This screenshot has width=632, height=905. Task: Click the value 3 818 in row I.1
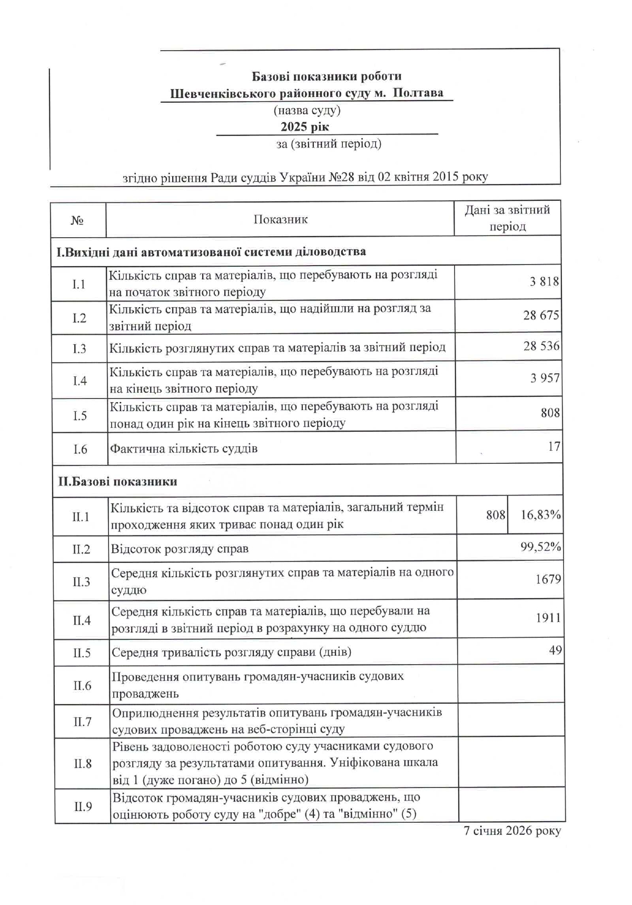(544, 281)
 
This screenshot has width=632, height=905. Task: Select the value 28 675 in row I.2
(541, 315)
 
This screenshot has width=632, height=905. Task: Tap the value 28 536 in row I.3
(541, 346)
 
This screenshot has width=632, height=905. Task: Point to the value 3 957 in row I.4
(545, 378)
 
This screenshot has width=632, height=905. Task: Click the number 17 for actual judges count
(554, 446)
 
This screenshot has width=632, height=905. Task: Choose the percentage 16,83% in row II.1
(540, 514)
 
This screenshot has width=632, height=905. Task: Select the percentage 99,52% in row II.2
(540, 547)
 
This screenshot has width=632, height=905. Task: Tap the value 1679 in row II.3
(548, 579)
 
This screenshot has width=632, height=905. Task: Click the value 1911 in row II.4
(548, 617)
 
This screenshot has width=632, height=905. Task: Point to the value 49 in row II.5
(555, 650)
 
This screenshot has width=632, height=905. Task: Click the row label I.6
(80, 449)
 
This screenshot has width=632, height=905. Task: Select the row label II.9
(83, 806)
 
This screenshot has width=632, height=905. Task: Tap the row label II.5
(82, 653)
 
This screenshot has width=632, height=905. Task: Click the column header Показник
(280, 219)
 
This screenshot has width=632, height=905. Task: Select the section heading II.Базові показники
(117, 481)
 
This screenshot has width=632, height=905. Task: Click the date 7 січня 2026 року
(512, 831)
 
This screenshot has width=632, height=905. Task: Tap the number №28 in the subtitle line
(341, 177)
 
